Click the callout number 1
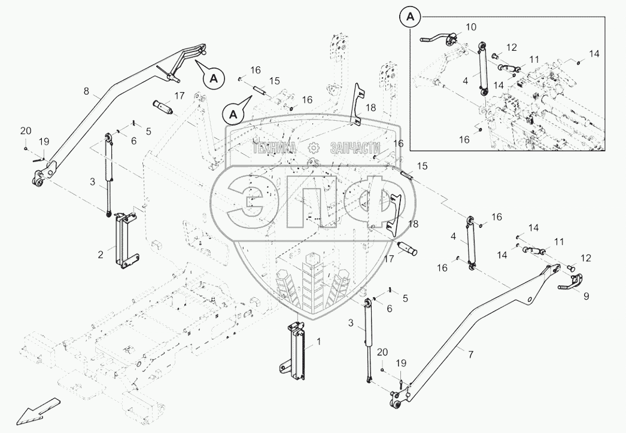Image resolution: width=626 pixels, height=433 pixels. coord(319,341)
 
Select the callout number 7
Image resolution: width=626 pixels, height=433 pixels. coord(470,355)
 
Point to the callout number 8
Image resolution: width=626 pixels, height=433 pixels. coord(86,92)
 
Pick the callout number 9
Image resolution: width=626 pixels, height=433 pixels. coord(585,295)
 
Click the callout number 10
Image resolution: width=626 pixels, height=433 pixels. coord(471,27)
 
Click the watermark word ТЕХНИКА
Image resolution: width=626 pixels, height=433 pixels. coord(275,148)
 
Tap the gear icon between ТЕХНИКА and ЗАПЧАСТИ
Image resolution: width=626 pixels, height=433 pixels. coord(312,148)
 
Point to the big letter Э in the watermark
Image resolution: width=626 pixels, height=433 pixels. coord(250,200)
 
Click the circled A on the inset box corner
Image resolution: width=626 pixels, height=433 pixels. coord(410,18)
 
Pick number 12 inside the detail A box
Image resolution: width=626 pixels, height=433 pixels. coord(511,47)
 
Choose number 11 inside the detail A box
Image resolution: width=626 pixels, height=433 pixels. coord(534,60)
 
